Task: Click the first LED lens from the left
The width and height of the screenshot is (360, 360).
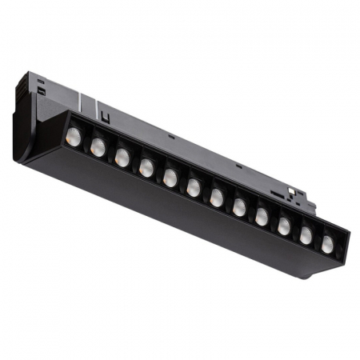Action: pos(74,137)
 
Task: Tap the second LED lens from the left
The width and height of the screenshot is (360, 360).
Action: pos(98,147)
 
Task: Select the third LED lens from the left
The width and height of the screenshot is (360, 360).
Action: pos(122,158)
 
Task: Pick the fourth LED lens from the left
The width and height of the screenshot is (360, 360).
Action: pos(146,168)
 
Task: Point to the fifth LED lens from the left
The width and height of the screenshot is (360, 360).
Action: pos(170,178)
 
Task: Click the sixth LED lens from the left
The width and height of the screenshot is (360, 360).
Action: pos(194,188)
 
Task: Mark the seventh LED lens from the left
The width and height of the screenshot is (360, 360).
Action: pos(217,198)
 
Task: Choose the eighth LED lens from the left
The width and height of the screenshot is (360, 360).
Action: pos(239,207)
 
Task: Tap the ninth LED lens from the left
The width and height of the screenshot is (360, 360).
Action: pos(262,217)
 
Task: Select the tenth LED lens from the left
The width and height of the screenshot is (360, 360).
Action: pos(284,226)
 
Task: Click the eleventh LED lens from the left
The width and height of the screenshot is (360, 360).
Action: pos(306,236)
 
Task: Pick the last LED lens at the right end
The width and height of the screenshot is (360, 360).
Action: pos(327,245)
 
